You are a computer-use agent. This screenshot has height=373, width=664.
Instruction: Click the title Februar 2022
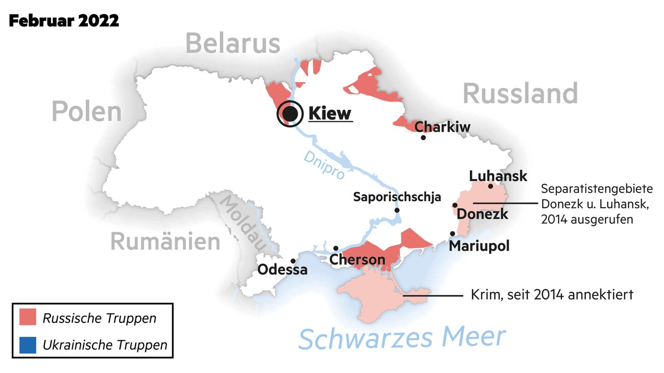point(64,20)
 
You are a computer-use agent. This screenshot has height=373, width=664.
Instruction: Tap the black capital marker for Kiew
point(289,113)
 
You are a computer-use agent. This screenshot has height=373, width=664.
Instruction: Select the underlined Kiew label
point(330,113)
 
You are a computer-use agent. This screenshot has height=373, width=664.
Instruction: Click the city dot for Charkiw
point(423,137)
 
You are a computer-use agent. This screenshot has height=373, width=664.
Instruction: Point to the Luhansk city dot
point(491,186)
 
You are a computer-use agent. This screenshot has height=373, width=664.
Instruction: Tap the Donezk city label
point(482,214)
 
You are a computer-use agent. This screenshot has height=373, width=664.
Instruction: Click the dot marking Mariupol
point(452,234)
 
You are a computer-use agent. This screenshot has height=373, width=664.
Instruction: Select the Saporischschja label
point(397,197)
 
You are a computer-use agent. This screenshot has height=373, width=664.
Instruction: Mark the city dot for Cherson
point(336,248)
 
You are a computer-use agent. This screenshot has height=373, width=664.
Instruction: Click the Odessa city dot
point(293,261)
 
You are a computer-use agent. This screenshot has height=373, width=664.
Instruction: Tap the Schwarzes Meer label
point(402,338)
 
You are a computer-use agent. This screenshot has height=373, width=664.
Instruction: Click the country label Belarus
point(233,44)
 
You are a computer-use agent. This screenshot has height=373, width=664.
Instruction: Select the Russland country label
point(520,93)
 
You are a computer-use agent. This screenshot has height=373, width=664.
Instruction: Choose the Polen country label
point(87,111)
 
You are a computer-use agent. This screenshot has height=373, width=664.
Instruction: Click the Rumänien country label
point(165,242)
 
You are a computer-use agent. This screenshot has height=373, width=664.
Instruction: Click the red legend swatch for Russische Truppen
point(28,318)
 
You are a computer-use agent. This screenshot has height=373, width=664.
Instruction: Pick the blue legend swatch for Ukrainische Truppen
point(28,344)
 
